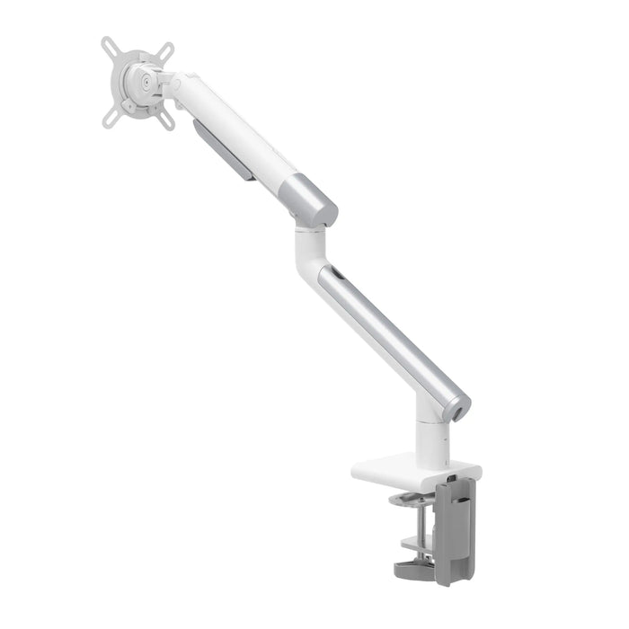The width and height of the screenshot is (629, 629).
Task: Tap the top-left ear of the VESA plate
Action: pyautogui.click(x=107, y=43)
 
